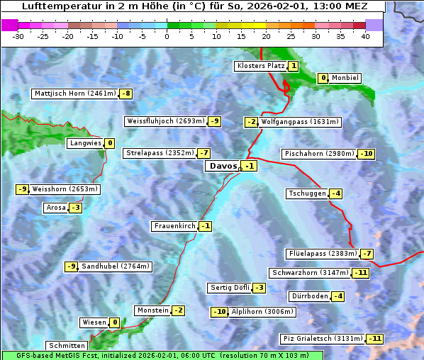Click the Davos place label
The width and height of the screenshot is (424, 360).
(223, 166)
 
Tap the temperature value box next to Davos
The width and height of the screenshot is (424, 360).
(249, 166)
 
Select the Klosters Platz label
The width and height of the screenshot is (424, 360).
(260, 66)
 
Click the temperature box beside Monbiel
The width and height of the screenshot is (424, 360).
(323, 78)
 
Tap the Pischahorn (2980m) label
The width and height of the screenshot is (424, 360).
(318, 154)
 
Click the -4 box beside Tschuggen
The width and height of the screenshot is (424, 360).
(336, 193)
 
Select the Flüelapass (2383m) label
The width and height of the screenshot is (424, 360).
(323, 254)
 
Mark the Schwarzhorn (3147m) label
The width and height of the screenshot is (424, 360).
(311, 273)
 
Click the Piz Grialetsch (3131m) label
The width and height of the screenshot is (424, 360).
(323, 339)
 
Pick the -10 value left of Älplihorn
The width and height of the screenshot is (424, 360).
(220, 311)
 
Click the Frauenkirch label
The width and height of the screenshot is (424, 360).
(174, 226)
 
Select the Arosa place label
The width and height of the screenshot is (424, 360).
(55, 208)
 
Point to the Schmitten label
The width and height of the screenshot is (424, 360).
(66, 346)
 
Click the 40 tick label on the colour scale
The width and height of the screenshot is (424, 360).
(365, 36)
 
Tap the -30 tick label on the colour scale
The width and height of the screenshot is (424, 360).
(18, 36)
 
